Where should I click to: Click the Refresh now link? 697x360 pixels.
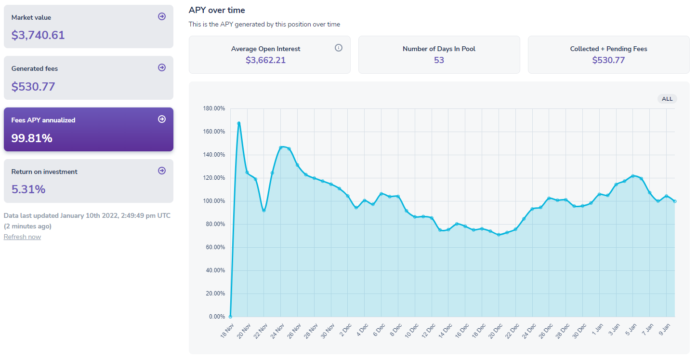pyautogui.click(x=22, y=237)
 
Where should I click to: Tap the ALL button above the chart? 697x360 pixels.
pyautogui.click(x=667, y=99)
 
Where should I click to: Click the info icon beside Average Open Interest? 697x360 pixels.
pyautogui.click(x=339, y=48)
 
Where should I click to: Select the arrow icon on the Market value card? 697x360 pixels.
pyautogui.click(x=162, y=16)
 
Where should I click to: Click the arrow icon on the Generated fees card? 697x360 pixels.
pyautogui.click(x=162, y=68)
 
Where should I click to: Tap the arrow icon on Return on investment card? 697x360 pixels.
pyautogui.click(x=162, y=171)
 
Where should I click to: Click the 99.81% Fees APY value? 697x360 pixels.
pyautogui.click(x=32, y=138)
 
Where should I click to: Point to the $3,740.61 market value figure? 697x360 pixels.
pyautogui.click(x=38, y=35)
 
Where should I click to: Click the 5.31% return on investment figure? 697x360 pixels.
pyautogui.click(x=28, y=189)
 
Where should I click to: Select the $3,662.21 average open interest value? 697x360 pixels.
pyautogui.click(x=265, y=60)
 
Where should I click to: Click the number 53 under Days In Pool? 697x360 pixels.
pyautogui.click(x=439, y=60)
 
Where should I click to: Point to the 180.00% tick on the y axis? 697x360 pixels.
pyautogui.click(x=214, y=108)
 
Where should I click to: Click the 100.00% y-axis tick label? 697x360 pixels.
pyautogui.click(x=214, y=201)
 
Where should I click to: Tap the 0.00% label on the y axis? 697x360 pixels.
pyautogui.click(x=217, y=317)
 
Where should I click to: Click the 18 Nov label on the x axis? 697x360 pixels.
pyautogui.click(x=227, y=328)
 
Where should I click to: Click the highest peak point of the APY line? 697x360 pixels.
pyautogui.click(x=238, y=123)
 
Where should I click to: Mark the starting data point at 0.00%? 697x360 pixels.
pyautogui.click(x=230, y=317)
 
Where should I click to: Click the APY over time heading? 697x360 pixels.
pyautogui.click(x=217, y=10)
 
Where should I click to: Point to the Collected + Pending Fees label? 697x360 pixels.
pyautogui.click(x=608, y=49)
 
